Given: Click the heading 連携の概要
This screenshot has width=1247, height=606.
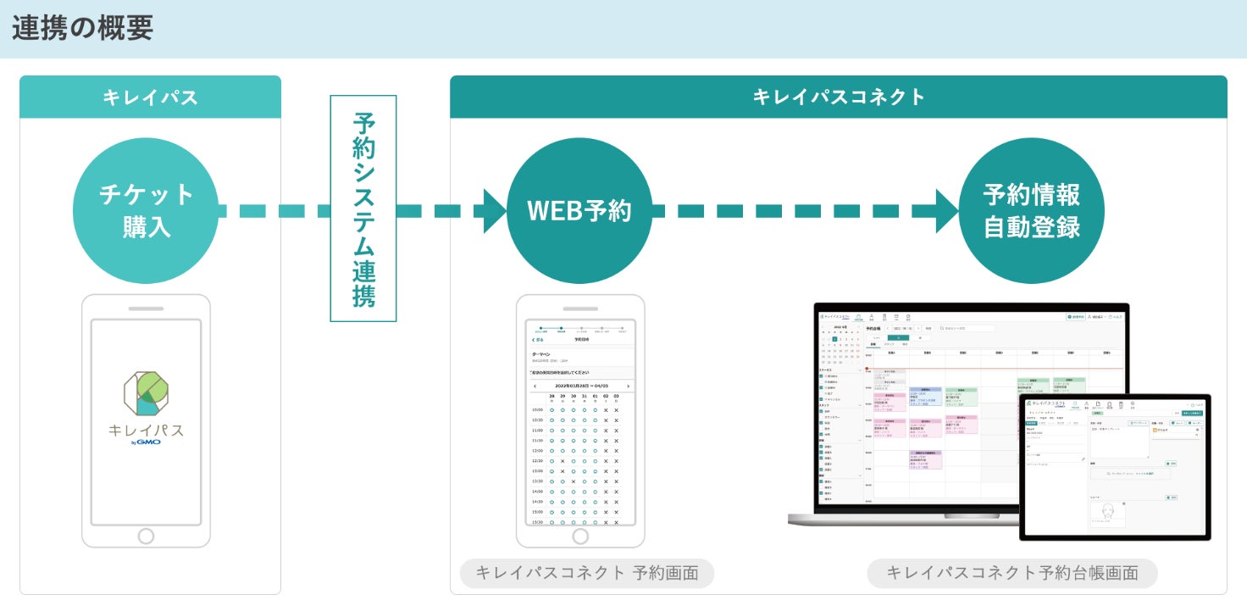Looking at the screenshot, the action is pos(82,29).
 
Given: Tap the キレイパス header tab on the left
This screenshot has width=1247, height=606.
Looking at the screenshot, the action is pos(150,97).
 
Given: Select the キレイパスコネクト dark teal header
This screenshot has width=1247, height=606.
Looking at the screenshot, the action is pos(838,97).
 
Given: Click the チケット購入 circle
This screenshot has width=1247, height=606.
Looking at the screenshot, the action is pos(147,211).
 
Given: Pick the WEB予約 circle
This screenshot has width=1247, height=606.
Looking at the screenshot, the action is pos(579,211).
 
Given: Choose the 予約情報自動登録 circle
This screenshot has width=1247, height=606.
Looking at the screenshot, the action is pos(1031,211).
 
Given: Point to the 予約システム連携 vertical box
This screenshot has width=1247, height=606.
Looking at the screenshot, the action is pos(363,208).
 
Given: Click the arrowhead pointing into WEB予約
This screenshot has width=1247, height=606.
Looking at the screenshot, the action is pos(494,211).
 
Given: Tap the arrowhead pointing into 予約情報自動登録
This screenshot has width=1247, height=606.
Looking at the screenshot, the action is pos(947,211).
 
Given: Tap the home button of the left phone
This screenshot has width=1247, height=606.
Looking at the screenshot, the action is pos(146,536).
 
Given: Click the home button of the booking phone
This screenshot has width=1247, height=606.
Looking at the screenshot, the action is pos(580,536).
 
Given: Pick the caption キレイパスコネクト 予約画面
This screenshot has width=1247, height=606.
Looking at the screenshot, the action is pos(587,573).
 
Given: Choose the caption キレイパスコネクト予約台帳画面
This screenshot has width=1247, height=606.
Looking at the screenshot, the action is pos(1011,573).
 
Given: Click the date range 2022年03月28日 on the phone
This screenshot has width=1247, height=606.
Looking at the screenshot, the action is pos(580,386).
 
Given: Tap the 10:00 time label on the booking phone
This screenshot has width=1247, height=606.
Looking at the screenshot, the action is pos(537,409).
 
